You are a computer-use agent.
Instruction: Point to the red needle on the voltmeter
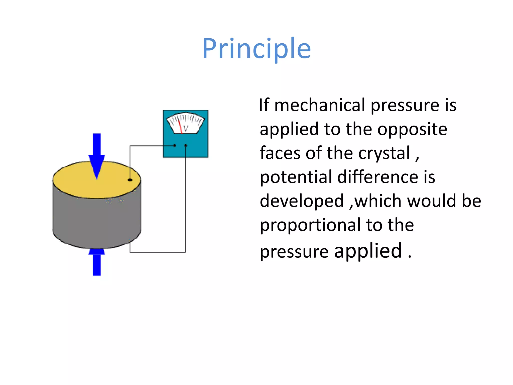point(180,127)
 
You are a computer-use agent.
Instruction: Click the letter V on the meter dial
point(186,128)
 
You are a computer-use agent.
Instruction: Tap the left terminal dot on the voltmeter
point(175,145)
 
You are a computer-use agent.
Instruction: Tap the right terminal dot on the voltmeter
point(186,145)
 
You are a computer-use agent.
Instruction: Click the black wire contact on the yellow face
point(130,180)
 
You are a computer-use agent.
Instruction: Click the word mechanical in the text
point(320,105)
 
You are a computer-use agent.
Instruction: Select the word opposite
point(412,129)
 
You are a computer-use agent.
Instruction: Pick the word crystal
point(384,153)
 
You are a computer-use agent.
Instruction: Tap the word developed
point(302,201)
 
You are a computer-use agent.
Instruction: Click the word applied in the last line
point(368,251)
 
